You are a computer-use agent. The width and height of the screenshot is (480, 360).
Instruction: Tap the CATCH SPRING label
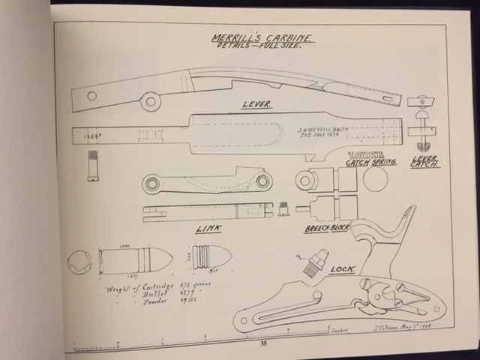[x=370, y=162]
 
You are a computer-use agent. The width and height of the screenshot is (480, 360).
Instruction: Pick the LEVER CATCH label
[x=425, y=162]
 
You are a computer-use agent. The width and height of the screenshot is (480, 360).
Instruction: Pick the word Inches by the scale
[x=330, y=328]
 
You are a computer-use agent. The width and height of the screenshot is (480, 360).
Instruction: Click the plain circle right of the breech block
[x=375, y=179]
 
